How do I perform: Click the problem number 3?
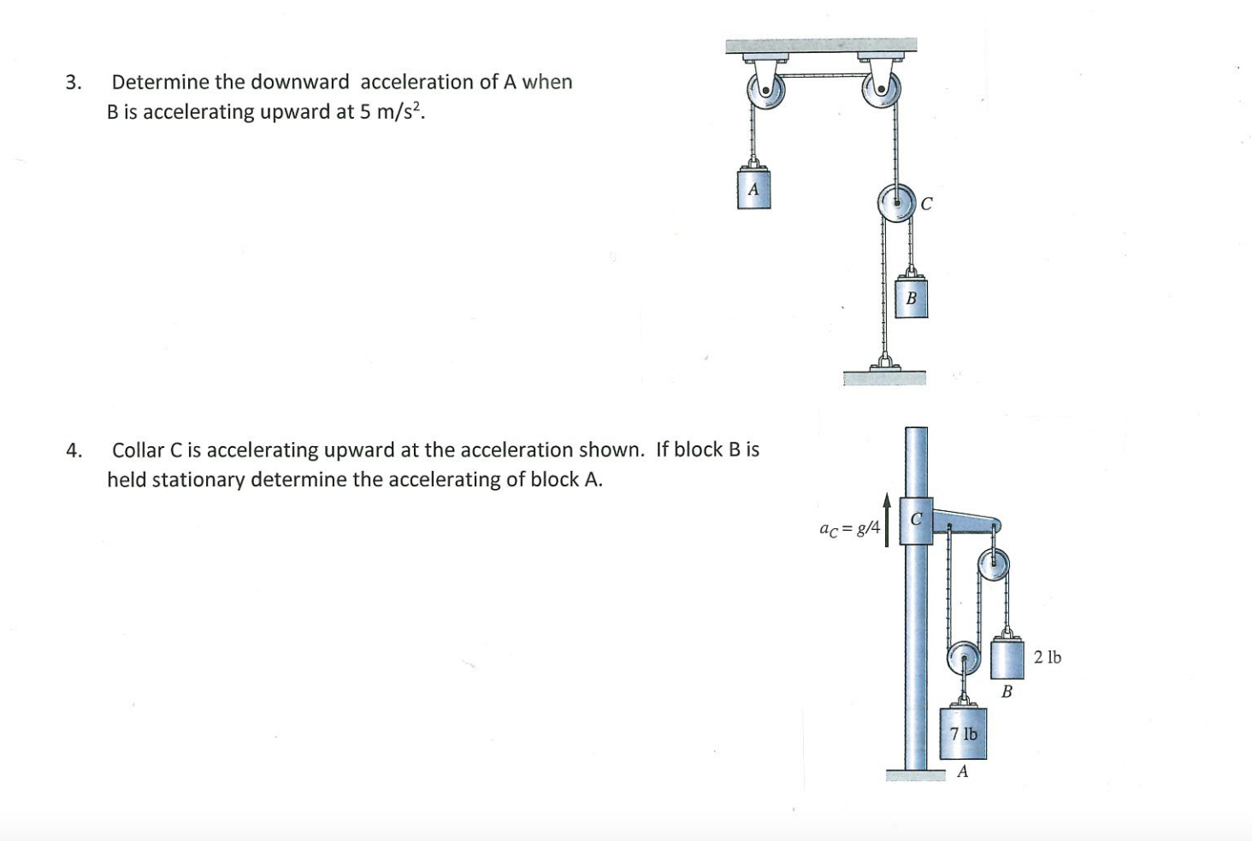73,83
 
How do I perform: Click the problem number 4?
73,450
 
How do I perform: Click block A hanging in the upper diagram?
753,190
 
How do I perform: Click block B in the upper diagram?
911,298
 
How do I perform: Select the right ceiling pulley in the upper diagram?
881,89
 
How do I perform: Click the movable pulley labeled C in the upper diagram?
895,203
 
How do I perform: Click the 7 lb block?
963,733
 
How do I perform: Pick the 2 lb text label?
1047,657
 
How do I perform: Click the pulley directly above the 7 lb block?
963,659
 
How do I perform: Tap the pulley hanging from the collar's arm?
994,564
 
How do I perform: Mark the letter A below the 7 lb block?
963,772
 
